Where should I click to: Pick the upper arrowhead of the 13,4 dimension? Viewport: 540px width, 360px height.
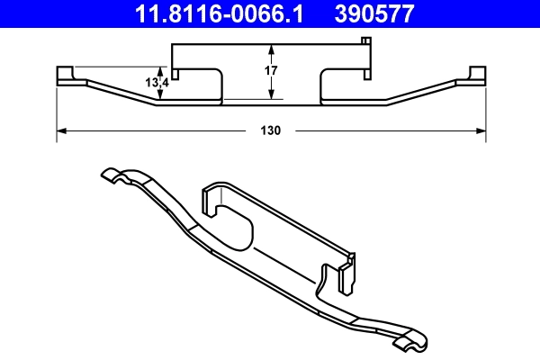pos(159,70)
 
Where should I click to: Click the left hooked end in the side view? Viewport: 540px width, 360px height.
pos(65,75)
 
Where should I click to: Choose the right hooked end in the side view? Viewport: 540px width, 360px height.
pos(476,75)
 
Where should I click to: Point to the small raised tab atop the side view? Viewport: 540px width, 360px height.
pos(365,40)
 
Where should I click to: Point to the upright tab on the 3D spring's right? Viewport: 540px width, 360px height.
pos(347,274)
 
